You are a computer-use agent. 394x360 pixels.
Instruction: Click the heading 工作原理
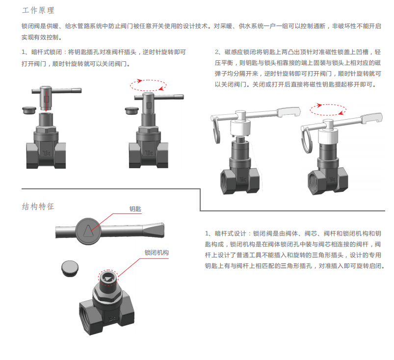click(38, 10)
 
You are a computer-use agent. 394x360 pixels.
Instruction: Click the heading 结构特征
click(38, 206)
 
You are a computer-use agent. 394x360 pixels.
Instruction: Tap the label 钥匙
click(135, 209)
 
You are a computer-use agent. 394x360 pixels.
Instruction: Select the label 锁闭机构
click(157, 253)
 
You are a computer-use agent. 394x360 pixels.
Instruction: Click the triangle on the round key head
click(88, 231)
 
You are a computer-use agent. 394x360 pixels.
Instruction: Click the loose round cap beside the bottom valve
click(70, 269)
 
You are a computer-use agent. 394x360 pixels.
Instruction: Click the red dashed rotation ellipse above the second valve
click(148, 85)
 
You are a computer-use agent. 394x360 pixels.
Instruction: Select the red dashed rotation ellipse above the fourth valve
click(328, 110)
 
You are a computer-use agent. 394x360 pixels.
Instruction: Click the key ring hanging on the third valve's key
click(216, 130)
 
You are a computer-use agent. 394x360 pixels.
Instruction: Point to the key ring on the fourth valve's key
click(307, 140)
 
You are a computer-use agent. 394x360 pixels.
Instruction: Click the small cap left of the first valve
click(29, 110)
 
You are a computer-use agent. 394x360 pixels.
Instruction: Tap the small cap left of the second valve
click(132, 110)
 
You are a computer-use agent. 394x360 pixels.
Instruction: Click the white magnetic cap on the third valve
click(240, 128)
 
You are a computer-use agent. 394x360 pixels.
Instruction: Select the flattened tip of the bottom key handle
click(154, 230)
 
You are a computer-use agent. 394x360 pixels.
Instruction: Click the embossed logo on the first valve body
click(47, 153)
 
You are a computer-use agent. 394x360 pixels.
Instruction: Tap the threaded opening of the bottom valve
click(85, 317)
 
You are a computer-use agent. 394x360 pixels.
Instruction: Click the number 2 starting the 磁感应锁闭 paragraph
click(217, 52)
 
